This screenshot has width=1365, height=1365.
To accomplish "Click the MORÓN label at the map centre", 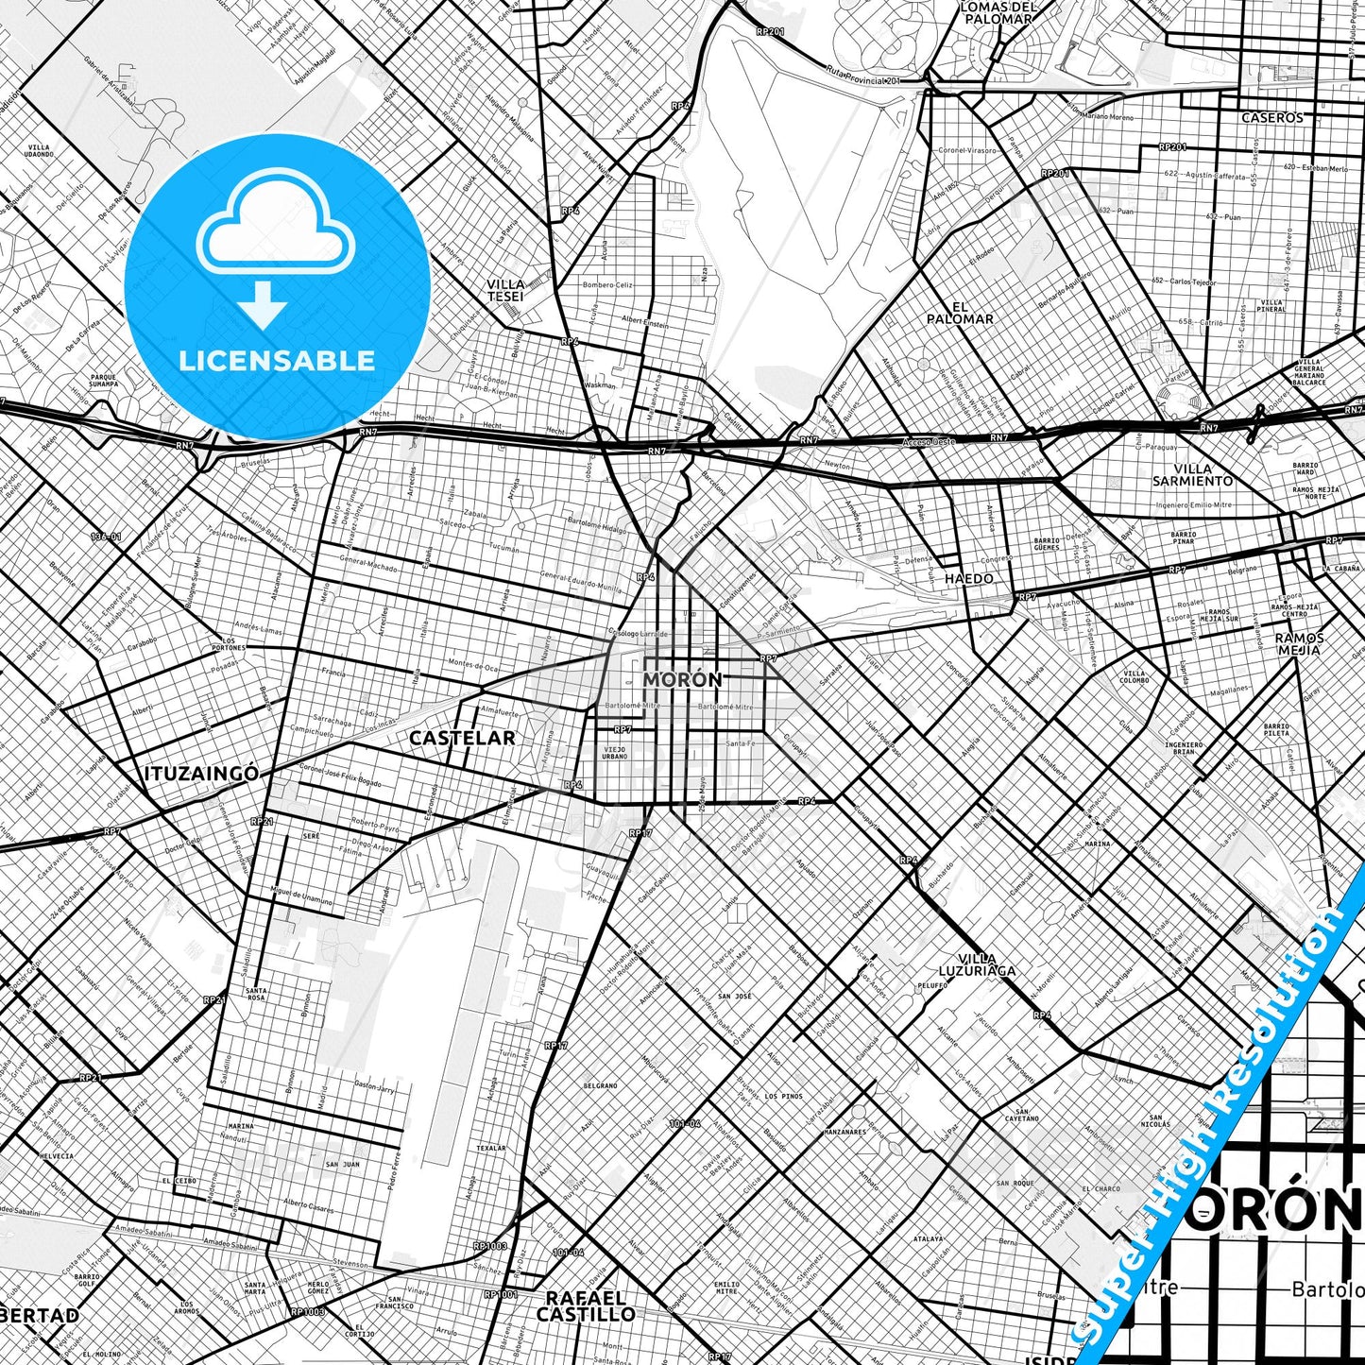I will tap(682, 679).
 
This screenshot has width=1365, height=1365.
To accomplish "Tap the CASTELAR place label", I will tap(462, 738).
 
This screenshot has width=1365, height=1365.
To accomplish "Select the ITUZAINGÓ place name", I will tap(201, 774).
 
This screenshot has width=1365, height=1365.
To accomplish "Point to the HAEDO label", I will tap(969, 578).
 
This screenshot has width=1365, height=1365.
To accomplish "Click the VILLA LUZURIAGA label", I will tap(977, 964).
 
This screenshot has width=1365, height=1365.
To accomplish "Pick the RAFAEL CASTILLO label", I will tap(586, 1305).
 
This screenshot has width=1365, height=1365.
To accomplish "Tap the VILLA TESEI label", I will tap(505, 290).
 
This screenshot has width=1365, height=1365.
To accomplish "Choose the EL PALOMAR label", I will tap(960, 313).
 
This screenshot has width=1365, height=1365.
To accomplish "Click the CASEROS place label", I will tap(1271, 118).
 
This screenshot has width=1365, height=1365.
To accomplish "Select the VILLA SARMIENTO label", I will tap(1192, 474).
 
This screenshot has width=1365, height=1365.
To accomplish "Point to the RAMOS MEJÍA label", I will tap(1300, 643).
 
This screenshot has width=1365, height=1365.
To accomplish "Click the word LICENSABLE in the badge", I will tap(277, 360).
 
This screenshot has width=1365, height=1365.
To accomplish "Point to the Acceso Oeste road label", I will tap(929, 442).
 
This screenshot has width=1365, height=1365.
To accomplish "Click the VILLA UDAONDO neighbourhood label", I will tap(40, 151).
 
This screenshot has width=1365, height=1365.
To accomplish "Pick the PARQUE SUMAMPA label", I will tap(104, 381).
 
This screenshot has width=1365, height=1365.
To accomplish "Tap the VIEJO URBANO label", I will tap(615, 753).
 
